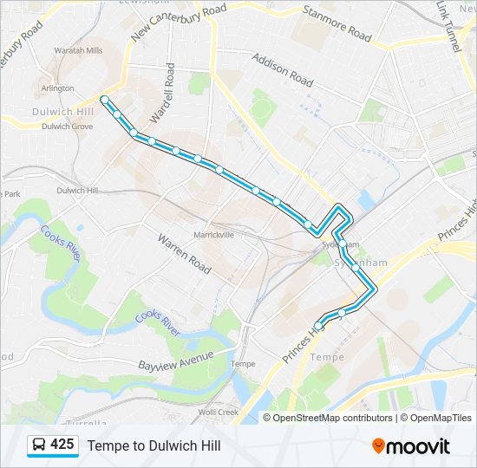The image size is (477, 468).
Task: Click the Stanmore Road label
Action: [x=337, y=23]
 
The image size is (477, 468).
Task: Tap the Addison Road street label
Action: [x=282, y=70]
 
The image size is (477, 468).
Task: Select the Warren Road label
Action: [x=184, y=252]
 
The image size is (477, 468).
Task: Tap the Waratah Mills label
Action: [x=78, y=51]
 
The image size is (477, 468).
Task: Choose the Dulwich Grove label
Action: [x=69, y=127]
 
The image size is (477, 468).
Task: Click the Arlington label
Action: [x=58, y=88]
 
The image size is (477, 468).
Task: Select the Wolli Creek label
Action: [x=218, y=413]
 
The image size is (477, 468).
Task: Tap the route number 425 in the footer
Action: [x=62, y=445]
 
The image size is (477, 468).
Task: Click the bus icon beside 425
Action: [x=38, y=445]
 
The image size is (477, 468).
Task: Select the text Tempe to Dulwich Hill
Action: [x=154, y=445]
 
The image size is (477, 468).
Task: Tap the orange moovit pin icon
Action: [x=379, y=445]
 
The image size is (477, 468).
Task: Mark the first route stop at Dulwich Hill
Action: [x=104, y=100]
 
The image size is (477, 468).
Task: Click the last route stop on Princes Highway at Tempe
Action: [x=318, y=326]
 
